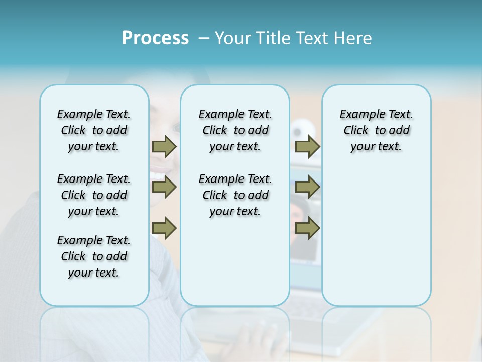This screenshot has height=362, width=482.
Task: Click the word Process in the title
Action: click(155, 38)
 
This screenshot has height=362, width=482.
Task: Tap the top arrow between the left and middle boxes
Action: click(164, 146)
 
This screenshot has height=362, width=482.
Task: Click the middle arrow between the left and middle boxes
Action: click(164, 187)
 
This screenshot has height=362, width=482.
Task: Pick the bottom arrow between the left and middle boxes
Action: click(164, 228)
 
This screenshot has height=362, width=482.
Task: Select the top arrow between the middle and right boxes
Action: click(307, 146)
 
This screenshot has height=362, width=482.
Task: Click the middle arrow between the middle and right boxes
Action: click(307, 187)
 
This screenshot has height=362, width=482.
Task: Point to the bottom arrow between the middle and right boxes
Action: click(307, 228)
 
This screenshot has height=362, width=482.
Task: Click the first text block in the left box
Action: click(94, 130)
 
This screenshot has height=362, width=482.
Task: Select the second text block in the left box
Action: click(94, 195)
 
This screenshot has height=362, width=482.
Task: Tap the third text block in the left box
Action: click(94, 256)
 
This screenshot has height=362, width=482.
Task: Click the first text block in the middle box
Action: click(235, 130)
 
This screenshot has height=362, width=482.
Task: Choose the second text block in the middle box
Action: click(235, 195)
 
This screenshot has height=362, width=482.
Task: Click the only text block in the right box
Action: click(376, 130)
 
